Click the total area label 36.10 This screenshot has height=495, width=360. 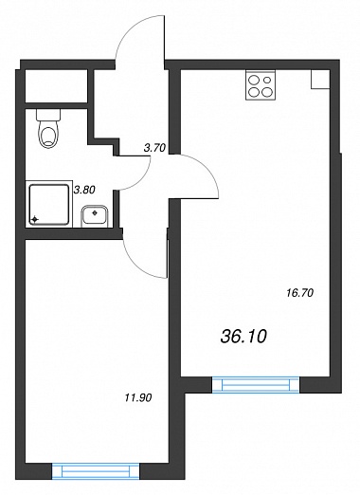click(243, 337)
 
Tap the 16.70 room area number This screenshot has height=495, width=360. click(299, 293)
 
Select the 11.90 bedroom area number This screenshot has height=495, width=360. click(138, 397)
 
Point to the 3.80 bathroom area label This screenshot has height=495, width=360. click(84, 190)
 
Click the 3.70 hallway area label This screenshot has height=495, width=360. click(154, 148)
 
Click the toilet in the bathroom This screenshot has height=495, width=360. click(48, 128)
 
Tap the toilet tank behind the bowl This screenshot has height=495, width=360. click(48, 115)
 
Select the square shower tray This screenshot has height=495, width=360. click(49, 204)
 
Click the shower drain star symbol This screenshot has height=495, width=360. click(35, 219)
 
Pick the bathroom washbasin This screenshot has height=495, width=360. click(95, 216)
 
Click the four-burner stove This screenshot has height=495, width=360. click(261, 85)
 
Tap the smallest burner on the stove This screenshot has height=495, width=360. click(268, 80)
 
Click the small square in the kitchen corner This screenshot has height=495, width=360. click(320, 79)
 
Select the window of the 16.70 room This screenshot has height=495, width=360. click(256, 385)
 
